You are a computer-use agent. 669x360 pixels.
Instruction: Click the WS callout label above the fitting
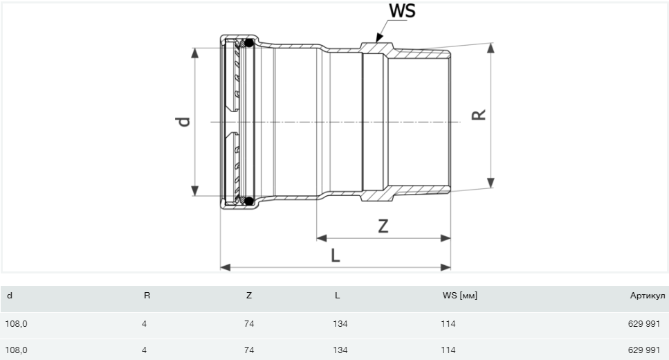(x=402, y=11)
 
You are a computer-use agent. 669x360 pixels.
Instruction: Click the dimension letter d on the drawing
(x=183, y=122)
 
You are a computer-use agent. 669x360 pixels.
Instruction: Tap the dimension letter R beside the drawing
(x=478, y=114)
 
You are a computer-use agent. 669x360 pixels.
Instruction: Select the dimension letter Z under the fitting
(x=383, y=226)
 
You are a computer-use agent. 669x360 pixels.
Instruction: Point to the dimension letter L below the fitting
(x=336, y=255)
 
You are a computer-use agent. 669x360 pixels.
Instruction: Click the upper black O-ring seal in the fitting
(x=249, y=44)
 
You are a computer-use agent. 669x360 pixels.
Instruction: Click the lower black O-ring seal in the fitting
(x=249, y=201)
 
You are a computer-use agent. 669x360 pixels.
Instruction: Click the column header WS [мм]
(x=460, y=296)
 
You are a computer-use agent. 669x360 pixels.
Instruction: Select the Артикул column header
(x=648, y=296)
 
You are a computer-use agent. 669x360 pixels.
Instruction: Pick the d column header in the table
(x=9, y=296)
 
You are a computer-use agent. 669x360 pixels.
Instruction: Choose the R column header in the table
(x=147, y=296)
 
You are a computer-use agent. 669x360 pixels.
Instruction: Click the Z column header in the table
(x=249, y=296)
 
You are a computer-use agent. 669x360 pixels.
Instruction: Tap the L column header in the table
(x=337, y=296)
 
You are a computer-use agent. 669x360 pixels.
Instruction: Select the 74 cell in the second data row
(x=249, y=350)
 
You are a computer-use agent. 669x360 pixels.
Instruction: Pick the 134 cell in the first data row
(x=340, y=323)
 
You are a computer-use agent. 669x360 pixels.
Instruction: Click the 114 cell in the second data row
(x=448, y=350)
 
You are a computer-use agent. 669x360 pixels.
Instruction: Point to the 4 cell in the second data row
(x=144, y=350)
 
